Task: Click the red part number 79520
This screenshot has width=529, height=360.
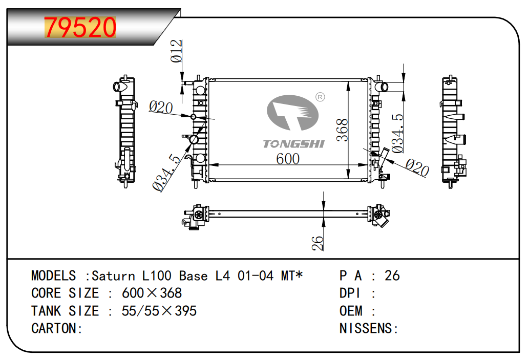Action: point(80,27)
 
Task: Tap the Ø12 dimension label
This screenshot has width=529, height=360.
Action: point(176,51)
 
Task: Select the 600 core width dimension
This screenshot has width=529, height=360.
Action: point(288,159)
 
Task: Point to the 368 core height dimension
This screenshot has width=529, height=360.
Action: point(342,130)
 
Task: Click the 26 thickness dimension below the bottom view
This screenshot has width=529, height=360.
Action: point(318,243)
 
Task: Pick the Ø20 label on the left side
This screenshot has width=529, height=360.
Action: point(161,108)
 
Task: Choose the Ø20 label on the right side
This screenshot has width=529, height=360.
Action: point(417,167)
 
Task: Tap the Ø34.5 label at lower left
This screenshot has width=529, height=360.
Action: point(166,173)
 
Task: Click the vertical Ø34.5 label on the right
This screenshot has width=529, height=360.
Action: point(397,133)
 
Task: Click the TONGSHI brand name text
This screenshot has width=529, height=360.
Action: point(293,144)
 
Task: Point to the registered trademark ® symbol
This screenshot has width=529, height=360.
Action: point(320,97)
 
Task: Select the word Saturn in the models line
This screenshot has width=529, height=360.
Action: point(113,276)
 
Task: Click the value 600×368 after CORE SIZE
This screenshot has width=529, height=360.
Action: point(152,293)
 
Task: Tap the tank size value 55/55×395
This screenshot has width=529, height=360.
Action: point(159,311)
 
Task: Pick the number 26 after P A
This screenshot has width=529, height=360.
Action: point(392,276)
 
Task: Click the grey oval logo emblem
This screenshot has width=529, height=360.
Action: point(293,113)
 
